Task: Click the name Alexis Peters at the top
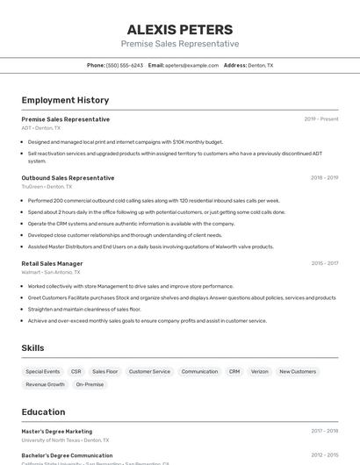pos(180,29)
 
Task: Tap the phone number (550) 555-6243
pos(124,65)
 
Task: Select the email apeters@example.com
pos(191,65)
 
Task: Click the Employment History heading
pos(65,100)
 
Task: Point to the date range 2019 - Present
pos(321,119)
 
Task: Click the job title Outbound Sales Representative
pos(68,178)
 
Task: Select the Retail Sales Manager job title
pos(52,263)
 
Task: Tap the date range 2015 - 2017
pos(324,263)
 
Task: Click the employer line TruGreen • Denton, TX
pos(47,187)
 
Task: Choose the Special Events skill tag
pos(43,371)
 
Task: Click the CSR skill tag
pos(76,371)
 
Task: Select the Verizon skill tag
pos(260,371)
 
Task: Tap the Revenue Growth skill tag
pos(45,384)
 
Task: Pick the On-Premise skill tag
pos(90,384)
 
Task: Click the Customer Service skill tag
pos(149,371)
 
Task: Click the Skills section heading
pos(32,348)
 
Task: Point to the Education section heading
pos(43,411)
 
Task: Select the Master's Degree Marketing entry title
pos(56,432)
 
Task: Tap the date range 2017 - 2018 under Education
pos(324,432)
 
